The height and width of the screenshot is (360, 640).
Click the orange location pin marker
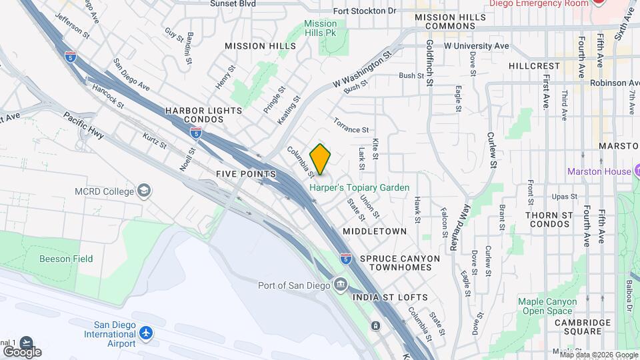321,159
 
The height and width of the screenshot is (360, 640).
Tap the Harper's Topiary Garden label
359,188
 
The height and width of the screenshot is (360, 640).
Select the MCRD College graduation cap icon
143,191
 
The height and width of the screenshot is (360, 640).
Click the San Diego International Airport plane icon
147,333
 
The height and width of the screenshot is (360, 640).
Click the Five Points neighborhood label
246,174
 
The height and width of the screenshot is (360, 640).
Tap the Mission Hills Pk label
320,28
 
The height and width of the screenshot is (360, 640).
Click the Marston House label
599,171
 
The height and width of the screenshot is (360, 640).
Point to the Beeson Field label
66,259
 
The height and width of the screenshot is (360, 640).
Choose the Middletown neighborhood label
375,231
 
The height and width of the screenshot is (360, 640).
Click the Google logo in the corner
22,351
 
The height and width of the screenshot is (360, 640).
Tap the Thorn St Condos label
549,219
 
